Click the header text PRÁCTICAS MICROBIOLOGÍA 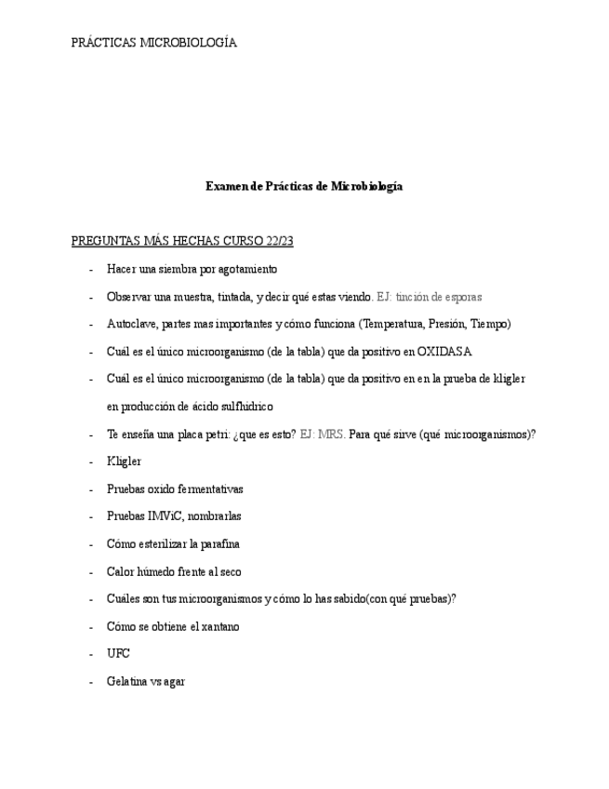(154, 43)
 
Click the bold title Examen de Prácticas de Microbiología (304, 186)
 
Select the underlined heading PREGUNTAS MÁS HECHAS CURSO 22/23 (182, 241)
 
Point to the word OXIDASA (444, 352)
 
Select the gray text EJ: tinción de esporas (429, 297)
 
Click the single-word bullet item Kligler (124, 461)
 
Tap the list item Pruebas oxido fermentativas (175, 488)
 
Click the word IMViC (165, 516)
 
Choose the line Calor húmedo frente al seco (174, 571)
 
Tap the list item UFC (118, 654)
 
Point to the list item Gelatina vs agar (146, 681)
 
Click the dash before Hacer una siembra (90, 269)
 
